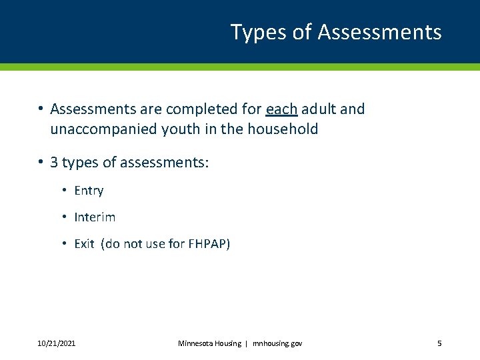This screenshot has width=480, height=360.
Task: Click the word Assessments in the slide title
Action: click(380, 32)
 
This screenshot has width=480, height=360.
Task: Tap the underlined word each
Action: click(281, 109)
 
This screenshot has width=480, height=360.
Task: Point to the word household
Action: click(283, 129)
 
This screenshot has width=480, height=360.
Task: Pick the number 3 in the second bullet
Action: click(54, 163)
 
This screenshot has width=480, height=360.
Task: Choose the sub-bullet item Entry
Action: click(89, 191)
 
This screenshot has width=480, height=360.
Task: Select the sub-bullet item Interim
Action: click(95, 217)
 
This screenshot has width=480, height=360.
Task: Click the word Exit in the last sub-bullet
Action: click(84, 244)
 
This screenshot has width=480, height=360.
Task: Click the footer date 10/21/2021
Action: click(56, 343)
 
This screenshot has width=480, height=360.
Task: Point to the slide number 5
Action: click(439, 343)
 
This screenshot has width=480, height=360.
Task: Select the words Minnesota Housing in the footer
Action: click(209, 343)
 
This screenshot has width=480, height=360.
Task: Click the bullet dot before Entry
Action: click(64, 191)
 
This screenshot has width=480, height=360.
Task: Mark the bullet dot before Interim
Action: click(64, 217)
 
